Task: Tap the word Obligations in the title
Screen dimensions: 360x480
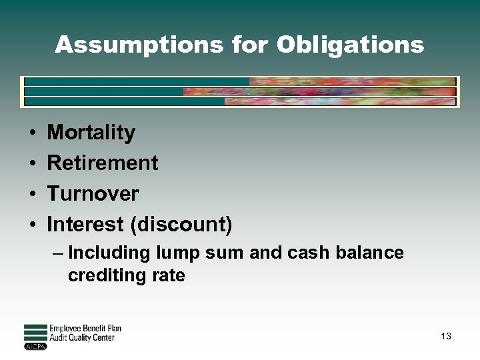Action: (350, 45)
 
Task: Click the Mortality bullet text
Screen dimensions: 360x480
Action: (91, 133)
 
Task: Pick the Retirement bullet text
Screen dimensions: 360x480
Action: (103, 163)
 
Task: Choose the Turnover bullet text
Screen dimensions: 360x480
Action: (93, 194)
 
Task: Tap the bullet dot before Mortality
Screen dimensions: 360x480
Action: (32, 133)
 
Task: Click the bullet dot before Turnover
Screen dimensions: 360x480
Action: (32, 195)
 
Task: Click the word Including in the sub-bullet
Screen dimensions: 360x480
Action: (109, 253)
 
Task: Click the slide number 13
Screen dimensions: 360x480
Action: (446, 337)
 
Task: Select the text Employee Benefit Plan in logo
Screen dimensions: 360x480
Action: (85, 329)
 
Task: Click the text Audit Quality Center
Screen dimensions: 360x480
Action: (83, 338)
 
